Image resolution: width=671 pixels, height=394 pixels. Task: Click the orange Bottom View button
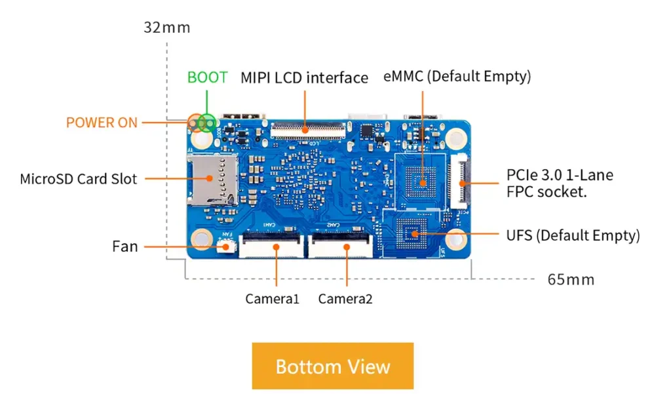coord(333,366)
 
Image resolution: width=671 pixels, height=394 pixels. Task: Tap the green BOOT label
coord(208,77)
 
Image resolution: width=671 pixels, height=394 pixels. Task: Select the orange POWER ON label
coord(102,123)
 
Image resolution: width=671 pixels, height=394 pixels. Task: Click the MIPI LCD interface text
coord(304,78)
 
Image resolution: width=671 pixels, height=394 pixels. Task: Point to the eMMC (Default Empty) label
coord(457,77)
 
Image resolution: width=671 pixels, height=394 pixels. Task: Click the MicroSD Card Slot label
coord(79,178)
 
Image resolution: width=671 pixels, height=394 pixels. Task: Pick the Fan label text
coord(125,246)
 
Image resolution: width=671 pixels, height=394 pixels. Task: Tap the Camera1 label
coord(272,299)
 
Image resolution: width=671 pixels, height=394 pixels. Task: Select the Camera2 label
coord(345,299)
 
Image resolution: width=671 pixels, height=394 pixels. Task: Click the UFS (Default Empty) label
coord(573,235)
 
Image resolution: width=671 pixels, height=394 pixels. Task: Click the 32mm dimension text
coord(167,28)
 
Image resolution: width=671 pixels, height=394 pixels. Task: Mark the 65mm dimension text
coord(571,280)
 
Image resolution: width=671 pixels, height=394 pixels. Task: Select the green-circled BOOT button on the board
coord(208,122)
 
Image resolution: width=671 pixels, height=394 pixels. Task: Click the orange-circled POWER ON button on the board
coord(195,122)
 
